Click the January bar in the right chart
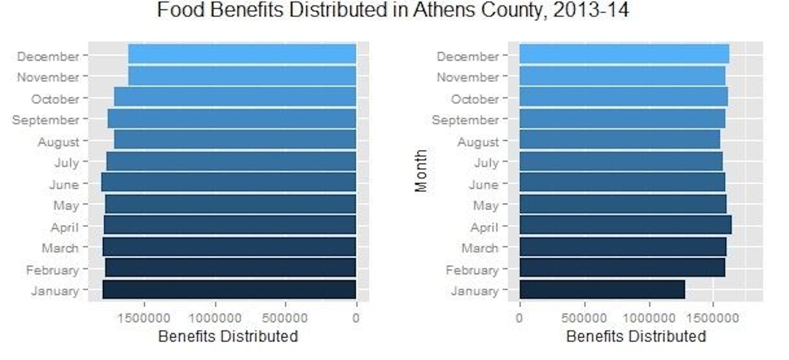point(602,289)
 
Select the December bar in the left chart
point(242,54)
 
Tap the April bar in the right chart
point(625,225)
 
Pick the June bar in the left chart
point(228,182)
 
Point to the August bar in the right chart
point(619,139)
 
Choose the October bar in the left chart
point(235,97)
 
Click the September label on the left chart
point(46,120)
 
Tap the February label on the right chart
point(472,270)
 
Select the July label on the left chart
point(67,162)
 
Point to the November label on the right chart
point(468,77)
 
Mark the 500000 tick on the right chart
point(584,318)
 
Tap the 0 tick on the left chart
point(356,318)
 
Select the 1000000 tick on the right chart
point(649,318)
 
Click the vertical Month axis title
point(421,170)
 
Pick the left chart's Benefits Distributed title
point(228,336)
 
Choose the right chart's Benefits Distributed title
point(636,336)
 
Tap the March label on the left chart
point(60,248)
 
